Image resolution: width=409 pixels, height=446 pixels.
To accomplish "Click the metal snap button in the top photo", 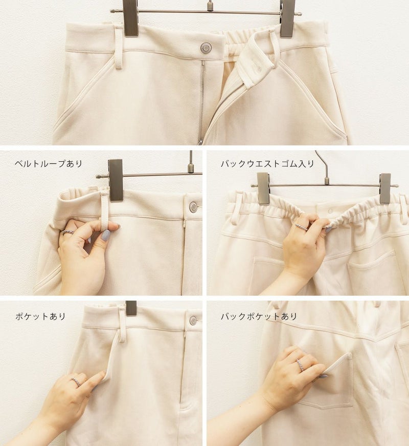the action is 206,48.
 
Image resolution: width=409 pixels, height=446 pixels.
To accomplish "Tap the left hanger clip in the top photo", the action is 131,18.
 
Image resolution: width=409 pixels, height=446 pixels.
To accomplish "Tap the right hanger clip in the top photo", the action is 287,19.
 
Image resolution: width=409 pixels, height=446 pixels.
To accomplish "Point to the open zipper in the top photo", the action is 202,102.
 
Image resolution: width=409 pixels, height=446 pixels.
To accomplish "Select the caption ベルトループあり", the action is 48,164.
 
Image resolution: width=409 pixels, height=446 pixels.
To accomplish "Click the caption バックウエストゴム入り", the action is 267,164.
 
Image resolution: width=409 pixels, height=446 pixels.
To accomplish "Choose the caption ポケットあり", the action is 40,316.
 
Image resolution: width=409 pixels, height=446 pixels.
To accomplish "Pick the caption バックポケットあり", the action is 259,316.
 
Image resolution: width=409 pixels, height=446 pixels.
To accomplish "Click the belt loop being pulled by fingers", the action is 105,210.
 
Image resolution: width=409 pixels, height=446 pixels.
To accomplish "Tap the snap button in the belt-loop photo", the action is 193,206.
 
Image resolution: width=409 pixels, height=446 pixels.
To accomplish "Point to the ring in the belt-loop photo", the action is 67,232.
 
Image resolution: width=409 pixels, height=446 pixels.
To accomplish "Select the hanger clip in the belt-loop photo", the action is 116,180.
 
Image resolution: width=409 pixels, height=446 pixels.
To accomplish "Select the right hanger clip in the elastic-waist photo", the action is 385,189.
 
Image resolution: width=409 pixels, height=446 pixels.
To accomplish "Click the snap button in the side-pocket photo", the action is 193,320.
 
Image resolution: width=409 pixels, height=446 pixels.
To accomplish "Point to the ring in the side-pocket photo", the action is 76,382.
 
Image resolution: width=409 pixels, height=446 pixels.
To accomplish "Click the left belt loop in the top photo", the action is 119,47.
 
